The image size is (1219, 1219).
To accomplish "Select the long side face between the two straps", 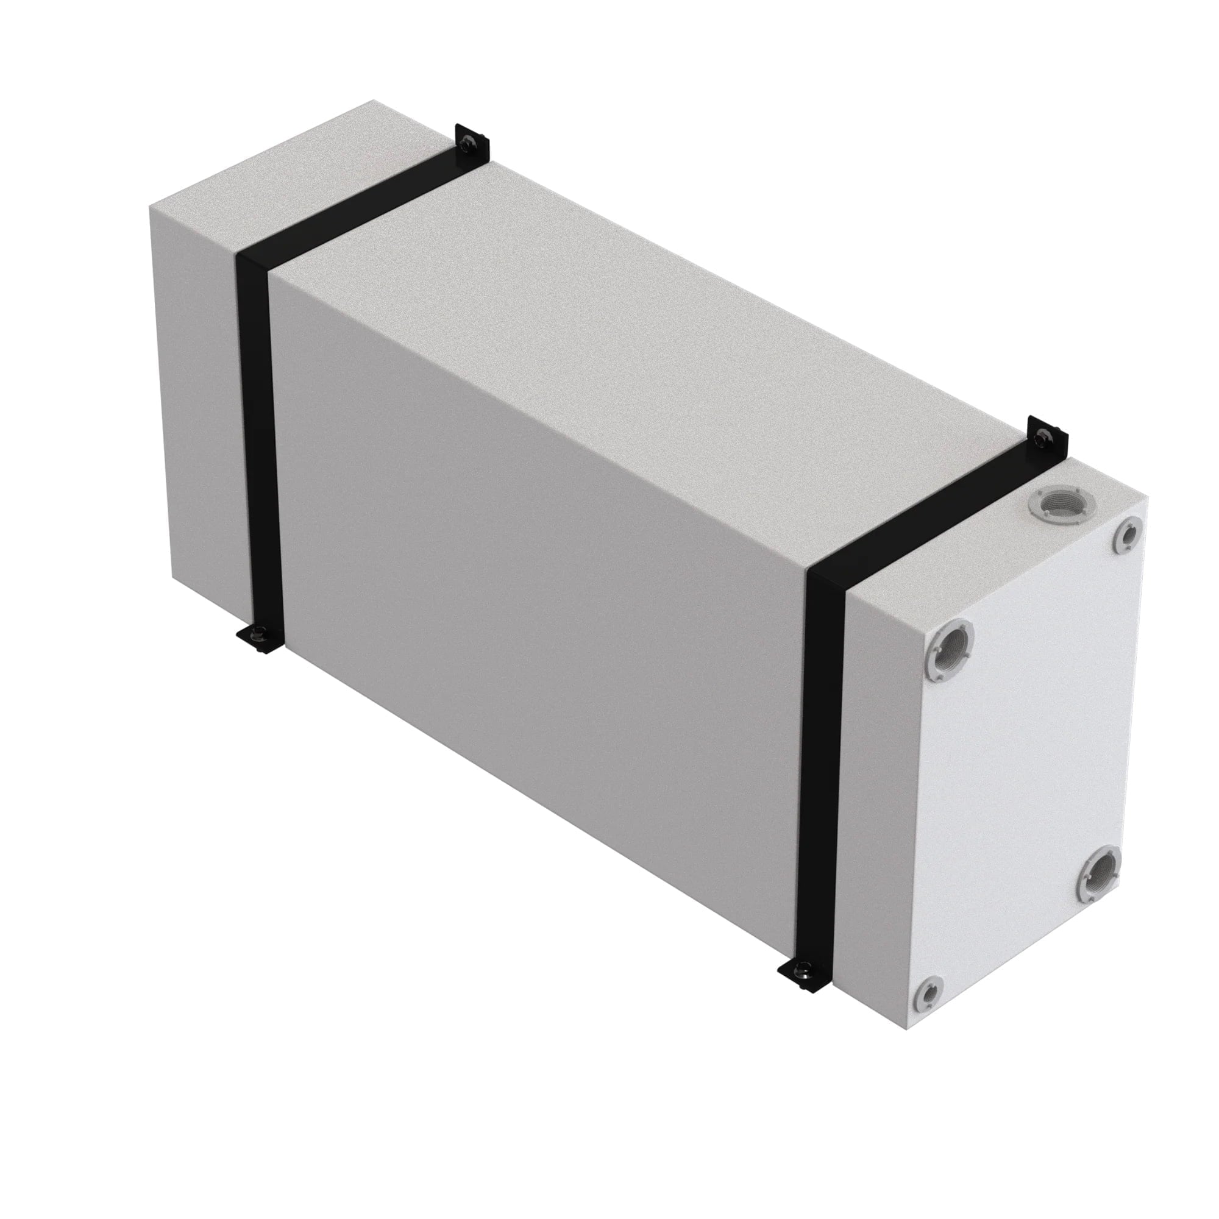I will pyautogui.click(x=536, y=599).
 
